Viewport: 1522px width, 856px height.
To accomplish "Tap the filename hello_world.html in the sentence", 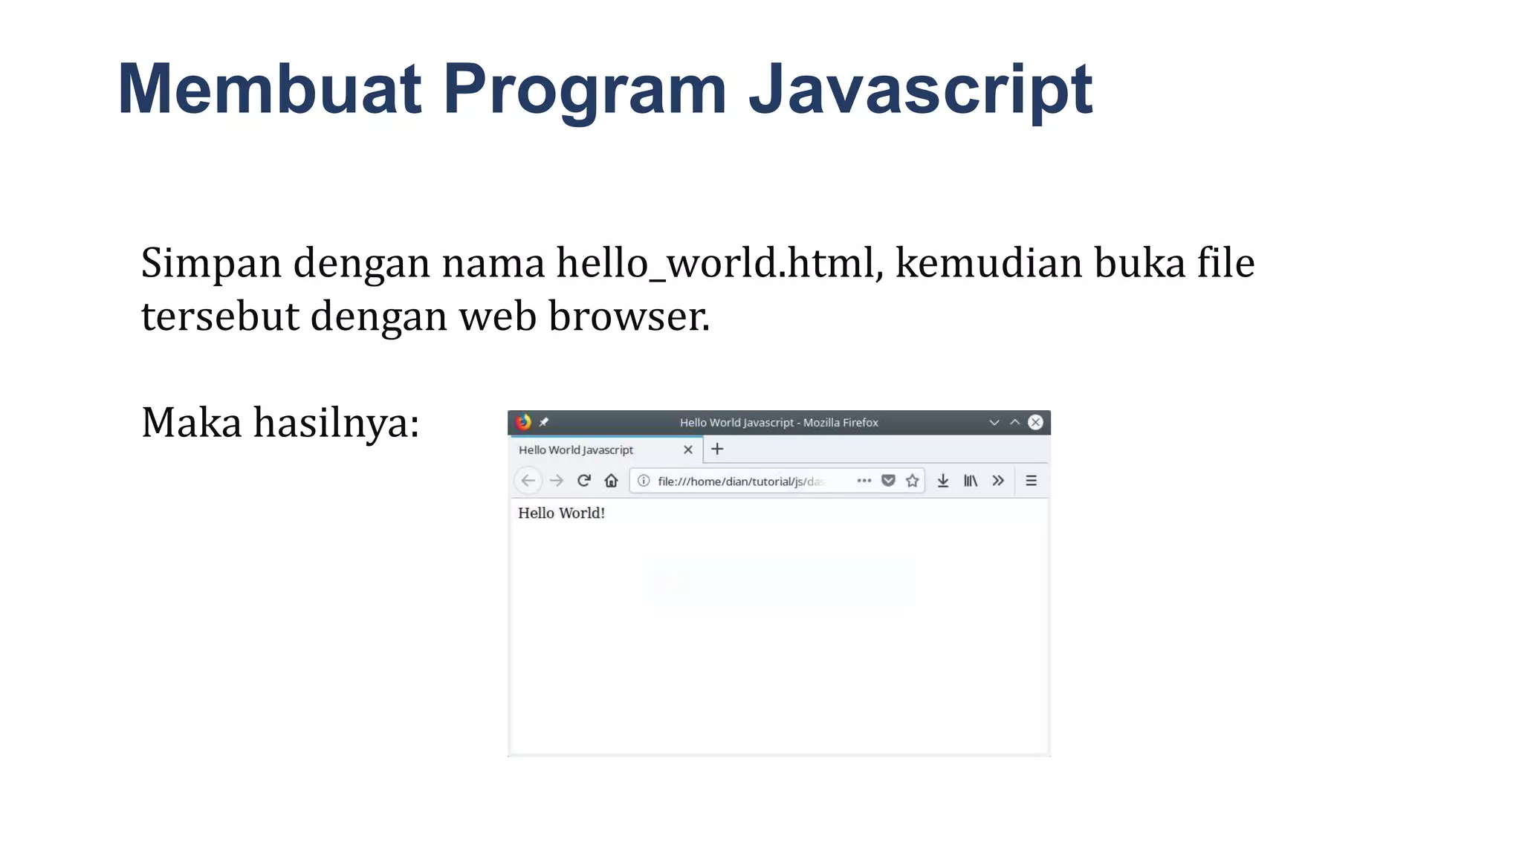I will click(x=719, y=263).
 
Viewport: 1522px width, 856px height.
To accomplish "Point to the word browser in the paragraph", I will click(x=629, y=317).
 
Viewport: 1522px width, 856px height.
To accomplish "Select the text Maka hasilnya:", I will click(x=280, y=423).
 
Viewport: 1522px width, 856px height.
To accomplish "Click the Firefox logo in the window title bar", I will click(x=523, y=422).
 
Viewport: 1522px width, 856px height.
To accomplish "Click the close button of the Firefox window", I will click(x=1035, y=422).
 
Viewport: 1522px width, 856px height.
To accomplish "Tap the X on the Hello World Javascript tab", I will click(x=688, y=450).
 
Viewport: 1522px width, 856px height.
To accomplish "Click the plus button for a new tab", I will click(x=717, y=449).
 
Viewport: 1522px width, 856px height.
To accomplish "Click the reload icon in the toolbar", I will click(x=584, y=481).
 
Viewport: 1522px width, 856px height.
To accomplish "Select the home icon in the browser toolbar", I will click(x=611, y=481).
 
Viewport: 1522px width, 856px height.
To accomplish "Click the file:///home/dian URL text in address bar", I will click(x=740, y=481).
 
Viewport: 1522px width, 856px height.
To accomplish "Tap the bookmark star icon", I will click(x=913, y=481).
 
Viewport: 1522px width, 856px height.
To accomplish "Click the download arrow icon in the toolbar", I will click(x=943, y=481).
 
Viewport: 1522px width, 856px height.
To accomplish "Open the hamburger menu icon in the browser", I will click(x=1031, y=481).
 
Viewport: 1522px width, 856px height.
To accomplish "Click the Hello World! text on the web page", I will click(x=561, y=513).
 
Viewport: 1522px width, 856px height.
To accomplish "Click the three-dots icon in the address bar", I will click(x=864, y=481).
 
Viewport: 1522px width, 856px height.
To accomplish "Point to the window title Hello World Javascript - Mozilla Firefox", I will click(x=779, y=422).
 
